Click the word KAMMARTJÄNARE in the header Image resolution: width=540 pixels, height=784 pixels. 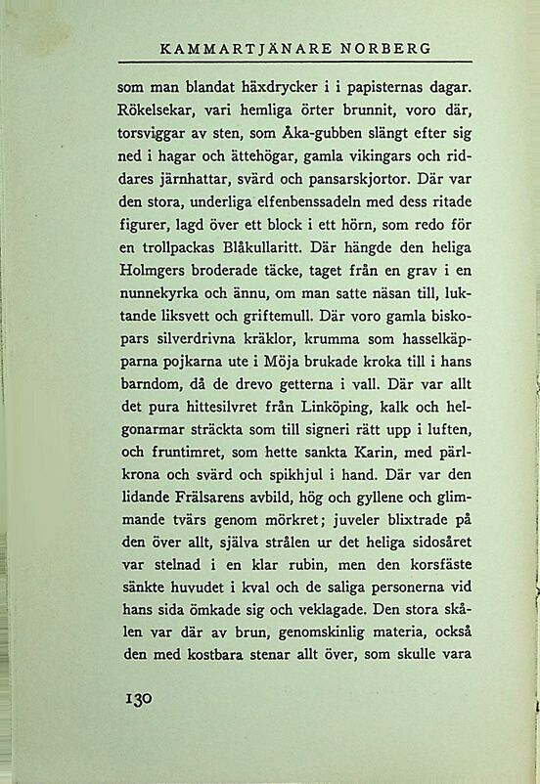[x=236, y=48]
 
